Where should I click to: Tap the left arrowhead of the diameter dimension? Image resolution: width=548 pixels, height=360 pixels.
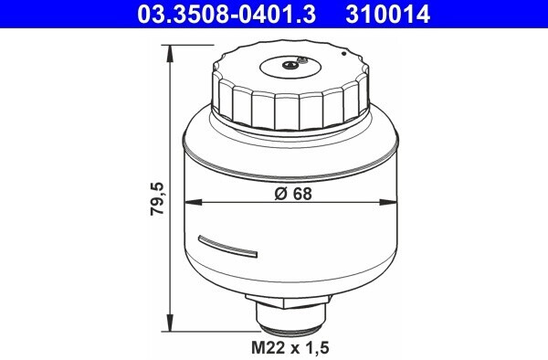click(x=189, y=201)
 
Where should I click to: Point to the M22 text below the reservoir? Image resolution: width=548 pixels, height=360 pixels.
click(x=266, y=348)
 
